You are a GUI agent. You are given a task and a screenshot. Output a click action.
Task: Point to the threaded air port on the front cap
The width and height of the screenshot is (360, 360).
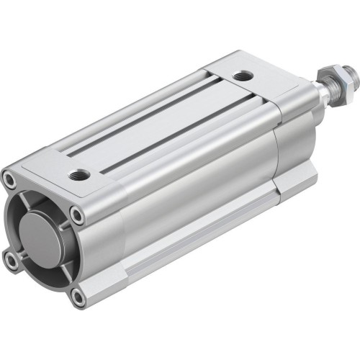point(78,174)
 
